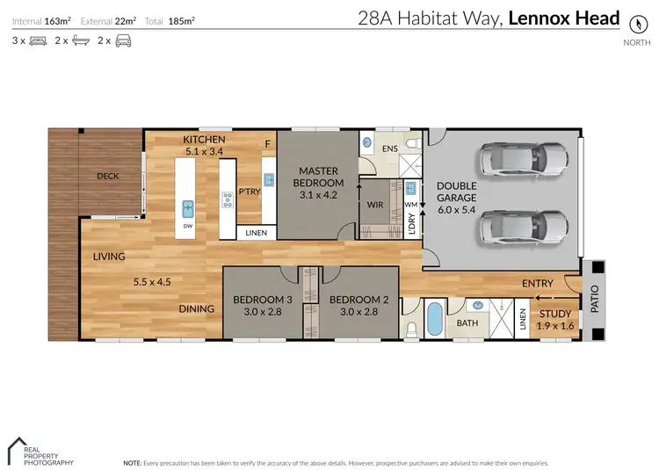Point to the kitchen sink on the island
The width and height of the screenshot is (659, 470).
tap(188, 209)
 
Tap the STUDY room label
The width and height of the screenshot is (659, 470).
tap(554, 314)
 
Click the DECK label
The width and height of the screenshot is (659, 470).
tap(108, 176)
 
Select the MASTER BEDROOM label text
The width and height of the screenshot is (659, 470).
tap(319, 177)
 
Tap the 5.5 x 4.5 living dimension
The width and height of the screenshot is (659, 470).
tap(152, 283)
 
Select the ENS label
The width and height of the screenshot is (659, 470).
tap(389, 148)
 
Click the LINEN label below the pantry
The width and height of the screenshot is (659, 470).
tap(257, 233)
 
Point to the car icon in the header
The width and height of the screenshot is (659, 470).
tap(123, 40)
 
